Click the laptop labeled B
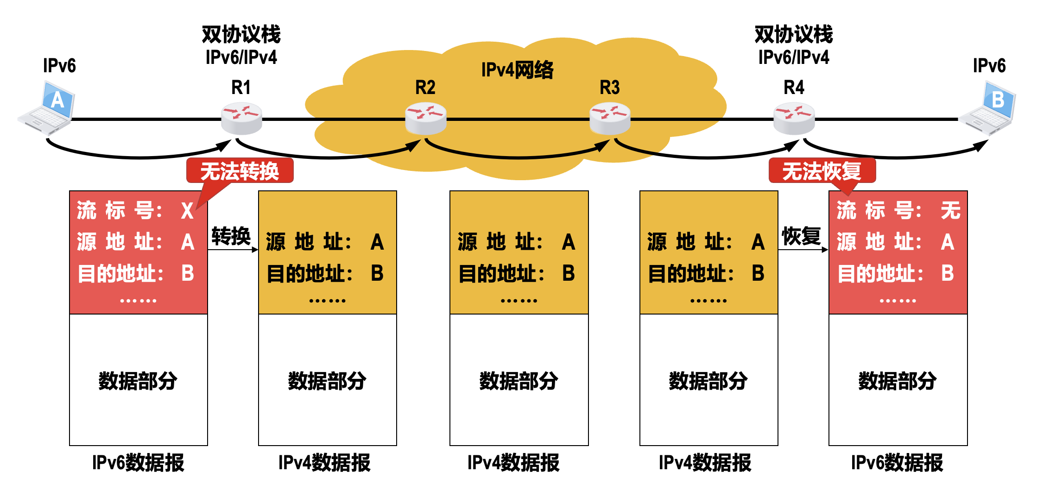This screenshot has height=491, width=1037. (x=989, y=108)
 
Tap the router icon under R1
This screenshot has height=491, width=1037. (x=241, y=119)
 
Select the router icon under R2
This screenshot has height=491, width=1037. (x=425, y=119)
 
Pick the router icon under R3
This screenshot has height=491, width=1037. (x=610, y=119)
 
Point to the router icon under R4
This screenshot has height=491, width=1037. (x=794, y=119)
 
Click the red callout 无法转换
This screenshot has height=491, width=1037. (x=240, y=171)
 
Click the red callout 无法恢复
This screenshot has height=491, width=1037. (x=822, y=171)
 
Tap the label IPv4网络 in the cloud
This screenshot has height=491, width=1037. (x=517, y=70)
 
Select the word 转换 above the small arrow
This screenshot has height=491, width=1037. (x=231, y=236)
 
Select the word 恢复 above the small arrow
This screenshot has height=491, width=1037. (x=801, y=236)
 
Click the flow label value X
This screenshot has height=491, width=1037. (x=187, y=211)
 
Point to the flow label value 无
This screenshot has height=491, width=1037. (x=950, y=211)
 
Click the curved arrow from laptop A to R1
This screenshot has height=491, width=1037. (x=139, y=156)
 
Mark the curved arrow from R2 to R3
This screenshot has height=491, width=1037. (x=517, y=156)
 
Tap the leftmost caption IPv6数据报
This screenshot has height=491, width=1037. (x=138, y=463)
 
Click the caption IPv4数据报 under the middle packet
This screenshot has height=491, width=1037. (x=513, y=463)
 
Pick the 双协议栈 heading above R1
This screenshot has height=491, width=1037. (x=241, y=34)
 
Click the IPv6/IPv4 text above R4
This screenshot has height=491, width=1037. (x=794, y=57)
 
